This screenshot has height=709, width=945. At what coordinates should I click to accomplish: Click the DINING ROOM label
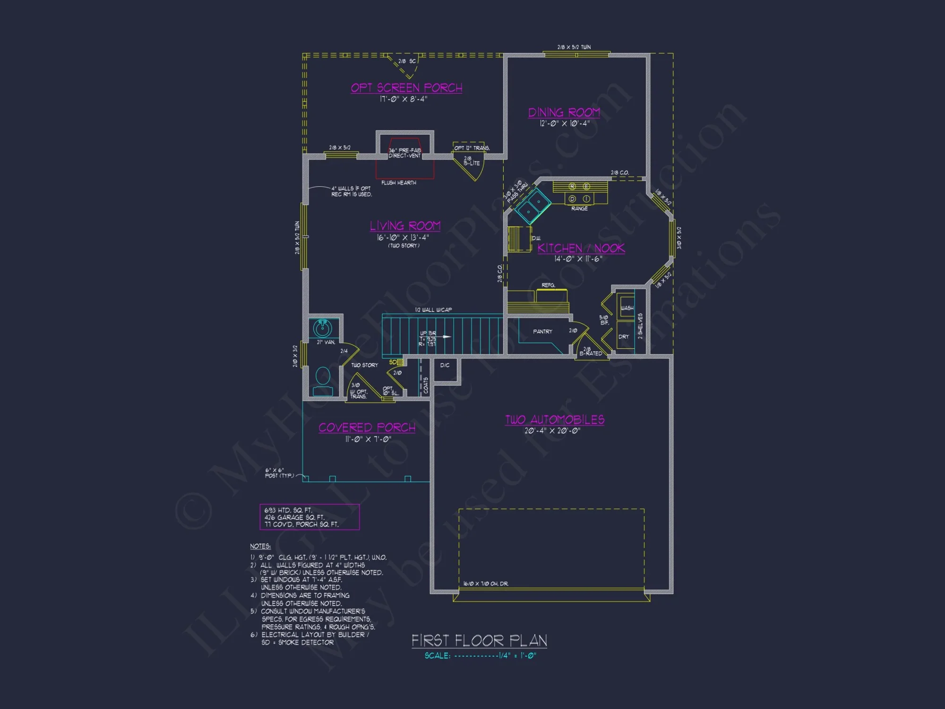(564, 112)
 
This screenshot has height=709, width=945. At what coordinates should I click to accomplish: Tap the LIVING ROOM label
(405, 226)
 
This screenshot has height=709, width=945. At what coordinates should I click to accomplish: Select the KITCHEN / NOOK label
(581, 248)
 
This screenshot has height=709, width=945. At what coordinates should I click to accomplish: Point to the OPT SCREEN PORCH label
(406, 88)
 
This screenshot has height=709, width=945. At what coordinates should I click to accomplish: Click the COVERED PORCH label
(367, 428)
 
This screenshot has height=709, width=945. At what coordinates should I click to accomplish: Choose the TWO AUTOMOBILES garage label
(555, 420)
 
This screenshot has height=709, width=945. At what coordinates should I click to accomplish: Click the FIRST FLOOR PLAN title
(479, 641)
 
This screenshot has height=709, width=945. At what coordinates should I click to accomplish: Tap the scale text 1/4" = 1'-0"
(517, 656)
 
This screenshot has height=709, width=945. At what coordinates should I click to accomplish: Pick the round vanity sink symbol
(323, 328)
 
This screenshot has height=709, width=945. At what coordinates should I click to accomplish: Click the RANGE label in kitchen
(579, 208)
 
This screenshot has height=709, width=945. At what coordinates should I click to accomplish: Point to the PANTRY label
(542, 332)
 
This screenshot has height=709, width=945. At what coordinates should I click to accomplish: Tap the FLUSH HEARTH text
(398, 183)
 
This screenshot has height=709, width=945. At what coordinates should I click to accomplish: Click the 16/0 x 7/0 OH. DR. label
(485, 584)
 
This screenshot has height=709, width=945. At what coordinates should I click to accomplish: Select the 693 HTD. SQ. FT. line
(288, 510)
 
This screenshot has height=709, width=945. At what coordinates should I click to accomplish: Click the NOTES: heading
(260, 546)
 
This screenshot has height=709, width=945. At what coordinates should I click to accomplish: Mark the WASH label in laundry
(627, 308)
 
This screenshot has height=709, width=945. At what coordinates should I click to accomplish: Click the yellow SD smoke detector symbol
(399, 363)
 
